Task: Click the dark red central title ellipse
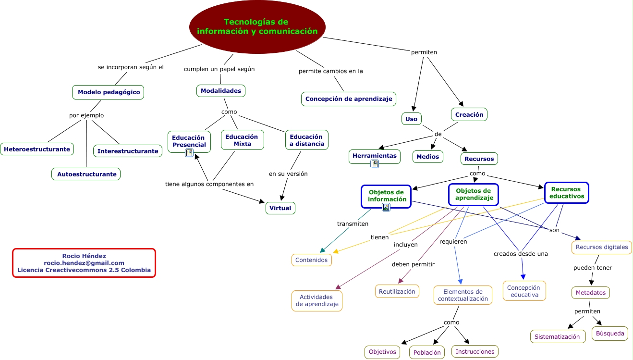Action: click(257, 27)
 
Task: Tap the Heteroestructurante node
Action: click(37, 149)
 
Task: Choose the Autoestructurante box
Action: click(86, 174)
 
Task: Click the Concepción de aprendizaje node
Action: click(349, 99)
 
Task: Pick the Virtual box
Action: click(280, 208)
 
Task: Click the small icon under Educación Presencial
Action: click(189, 153)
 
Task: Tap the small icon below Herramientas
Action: click(375, 164)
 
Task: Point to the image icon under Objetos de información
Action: click(386, 208)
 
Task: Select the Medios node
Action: click(427, 157)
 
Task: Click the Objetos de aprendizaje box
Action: click(474, 194)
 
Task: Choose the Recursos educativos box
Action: click(567, 193)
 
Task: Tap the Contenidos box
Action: click(311, 260)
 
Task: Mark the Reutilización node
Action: click(397, 291)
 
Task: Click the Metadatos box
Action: click(590, 292)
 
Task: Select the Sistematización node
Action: click(558, 336)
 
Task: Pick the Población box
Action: click(426, 352)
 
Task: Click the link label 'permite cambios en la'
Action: click(330, 71)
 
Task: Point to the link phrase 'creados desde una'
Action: click(521, 254)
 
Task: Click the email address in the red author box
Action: click(84, 263)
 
